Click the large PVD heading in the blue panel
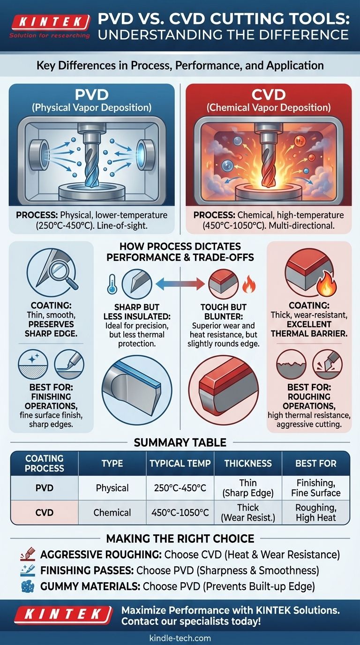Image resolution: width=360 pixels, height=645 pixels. (x=91, y=95)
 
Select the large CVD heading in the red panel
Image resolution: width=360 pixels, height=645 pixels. (x=269, y=95)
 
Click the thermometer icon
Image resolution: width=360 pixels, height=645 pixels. (x=112, y=284)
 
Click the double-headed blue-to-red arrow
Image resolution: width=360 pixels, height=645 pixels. (x=180, y=284)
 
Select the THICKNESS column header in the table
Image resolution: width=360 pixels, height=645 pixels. (x=248, y=463)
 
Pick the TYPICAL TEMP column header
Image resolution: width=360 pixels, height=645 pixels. (x=180, y=463)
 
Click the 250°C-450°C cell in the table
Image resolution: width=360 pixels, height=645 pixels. (x=180, y=488)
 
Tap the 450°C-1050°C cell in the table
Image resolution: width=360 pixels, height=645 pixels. (x=180, y=512)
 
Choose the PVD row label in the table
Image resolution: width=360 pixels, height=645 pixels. (x=45, y=488)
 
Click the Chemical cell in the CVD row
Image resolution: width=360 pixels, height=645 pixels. (x=112, y=512)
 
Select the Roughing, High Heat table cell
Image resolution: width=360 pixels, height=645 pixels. (x=316, y=512)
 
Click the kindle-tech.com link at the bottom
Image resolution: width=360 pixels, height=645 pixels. (x=180, y=638)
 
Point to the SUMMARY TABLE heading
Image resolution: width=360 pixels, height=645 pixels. (x=180, y=442)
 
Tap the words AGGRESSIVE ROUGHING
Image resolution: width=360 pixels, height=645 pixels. (x=101, y=554)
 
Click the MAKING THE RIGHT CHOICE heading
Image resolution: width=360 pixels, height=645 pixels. (x=180, y=538)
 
